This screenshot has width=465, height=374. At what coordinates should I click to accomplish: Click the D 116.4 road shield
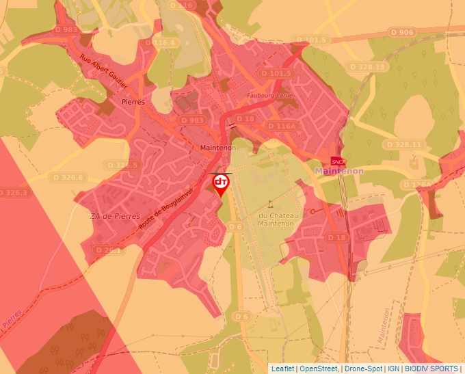coord(165,42)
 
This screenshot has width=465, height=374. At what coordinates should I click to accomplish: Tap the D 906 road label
coord(401,32)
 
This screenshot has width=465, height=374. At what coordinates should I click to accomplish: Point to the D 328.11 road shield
coord(403,145)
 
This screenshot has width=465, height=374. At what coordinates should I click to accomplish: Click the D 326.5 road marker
coord(123,165)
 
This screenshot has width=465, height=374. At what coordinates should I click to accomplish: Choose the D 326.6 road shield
coord(67,178)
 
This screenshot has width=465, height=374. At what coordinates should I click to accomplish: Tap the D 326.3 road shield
coord(14,193)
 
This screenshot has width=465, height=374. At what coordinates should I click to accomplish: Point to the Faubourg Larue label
coord(270,96)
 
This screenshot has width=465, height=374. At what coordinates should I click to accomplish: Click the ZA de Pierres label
coord(111,216)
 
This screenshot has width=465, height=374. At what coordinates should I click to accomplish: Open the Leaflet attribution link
coord(282,369)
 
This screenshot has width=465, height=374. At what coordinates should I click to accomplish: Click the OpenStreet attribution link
coord(318,369)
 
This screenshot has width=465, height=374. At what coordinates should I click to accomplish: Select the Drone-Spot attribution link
coord(363,369)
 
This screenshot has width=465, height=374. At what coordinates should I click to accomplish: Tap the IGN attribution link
coord(393,369)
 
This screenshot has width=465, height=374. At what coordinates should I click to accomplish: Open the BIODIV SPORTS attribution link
coord(431,369)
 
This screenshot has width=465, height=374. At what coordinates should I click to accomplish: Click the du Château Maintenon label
coord(276,219)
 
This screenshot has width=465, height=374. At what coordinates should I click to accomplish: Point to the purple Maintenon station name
coord(339,171)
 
